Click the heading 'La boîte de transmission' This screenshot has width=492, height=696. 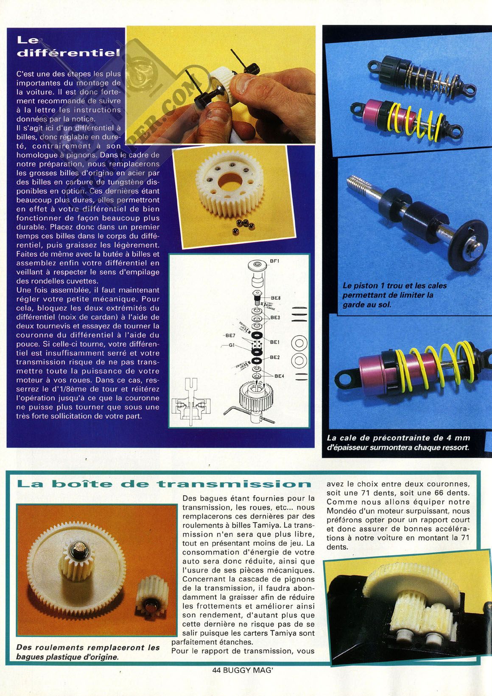[164, 484]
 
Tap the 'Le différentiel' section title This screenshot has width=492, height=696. [68, 47]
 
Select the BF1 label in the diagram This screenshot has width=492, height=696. [274, 261]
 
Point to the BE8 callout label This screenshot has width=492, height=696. [276, 298]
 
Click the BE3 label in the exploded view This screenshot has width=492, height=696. [275, 317]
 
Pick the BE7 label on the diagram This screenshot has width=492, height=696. [230, 335]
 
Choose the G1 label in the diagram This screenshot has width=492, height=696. [232, 345]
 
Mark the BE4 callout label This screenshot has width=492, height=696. [279, 376]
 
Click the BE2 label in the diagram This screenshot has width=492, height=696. [275, 357]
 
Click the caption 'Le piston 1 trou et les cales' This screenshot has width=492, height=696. [394, 286]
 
